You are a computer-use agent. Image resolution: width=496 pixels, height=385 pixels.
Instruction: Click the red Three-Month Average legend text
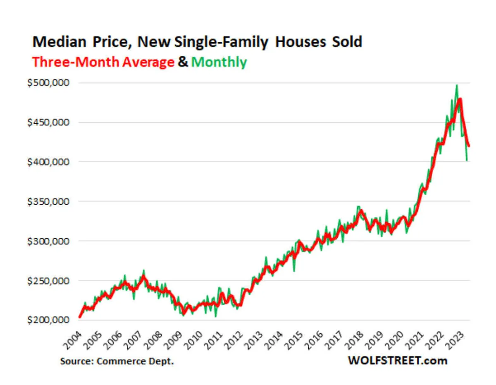103,62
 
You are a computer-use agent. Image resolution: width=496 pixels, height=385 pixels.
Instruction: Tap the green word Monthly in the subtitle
219,62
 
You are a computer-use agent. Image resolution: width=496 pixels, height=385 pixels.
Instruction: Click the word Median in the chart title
58,42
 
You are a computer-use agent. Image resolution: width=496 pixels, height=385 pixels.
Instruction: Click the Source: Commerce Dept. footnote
117,361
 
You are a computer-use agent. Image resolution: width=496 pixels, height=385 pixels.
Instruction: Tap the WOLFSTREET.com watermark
398,361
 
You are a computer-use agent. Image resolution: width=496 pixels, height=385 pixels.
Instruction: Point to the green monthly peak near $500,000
456,86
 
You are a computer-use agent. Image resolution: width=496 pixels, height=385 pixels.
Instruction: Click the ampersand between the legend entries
182,62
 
